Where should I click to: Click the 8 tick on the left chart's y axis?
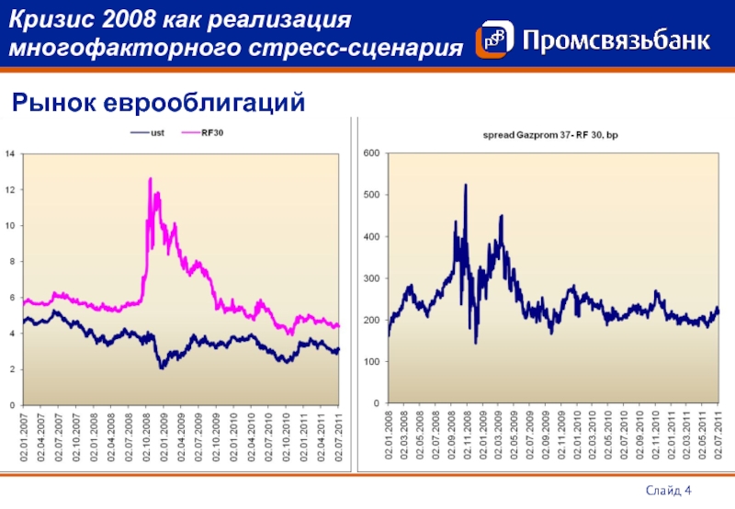pyautogui.click(x=12, y=262)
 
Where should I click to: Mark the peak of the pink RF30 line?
pyautogui.click(x=149, y=178)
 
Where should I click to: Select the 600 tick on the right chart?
pyautogui.click(x=371, y=153)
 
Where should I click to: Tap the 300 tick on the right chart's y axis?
pyautogui.click(x=371, y=278)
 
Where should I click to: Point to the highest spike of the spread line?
pyautogui.click(x=466, y=185)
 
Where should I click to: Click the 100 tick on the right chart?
pyautogui.click(x=371, y=362)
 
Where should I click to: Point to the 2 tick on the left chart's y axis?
pyautogui.click(x=12, y=369)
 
